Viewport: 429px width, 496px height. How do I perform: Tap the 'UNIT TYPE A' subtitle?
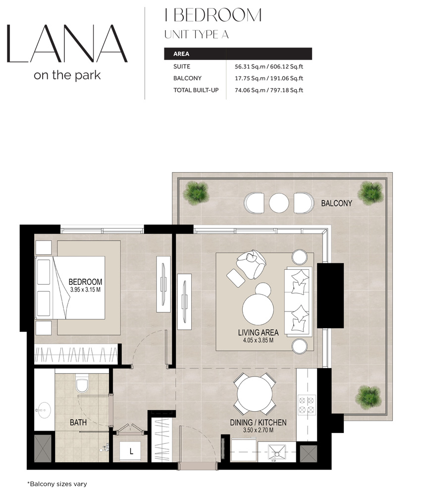pyautogui.click(x=196, y=35)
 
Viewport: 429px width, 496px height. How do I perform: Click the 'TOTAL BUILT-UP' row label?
pyautogui.click(x=196, y=90)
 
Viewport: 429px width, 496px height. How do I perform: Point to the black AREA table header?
pyautogui.click(x=238, y=54)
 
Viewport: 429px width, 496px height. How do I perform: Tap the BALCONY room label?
pyautogui.click(x=336, y=203)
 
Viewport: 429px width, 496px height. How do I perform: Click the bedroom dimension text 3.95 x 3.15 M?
pyautogui.click(x=85, y=289)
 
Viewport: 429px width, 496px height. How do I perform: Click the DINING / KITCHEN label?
pyautogui.click(x=258, y=423)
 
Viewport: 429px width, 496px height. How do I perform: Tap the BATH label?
pyautogui.click(x=78, y=423)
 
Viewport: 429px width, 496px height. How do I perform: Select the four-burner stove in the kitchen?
pyautogui.click(x=306, y=404)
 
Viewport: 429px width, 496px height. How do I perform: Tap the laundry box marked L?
pyautogui.click(x=131, y=452)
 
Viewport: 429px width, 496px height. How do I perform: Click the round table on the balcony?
pyautogui.click(x=279, y=202)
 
